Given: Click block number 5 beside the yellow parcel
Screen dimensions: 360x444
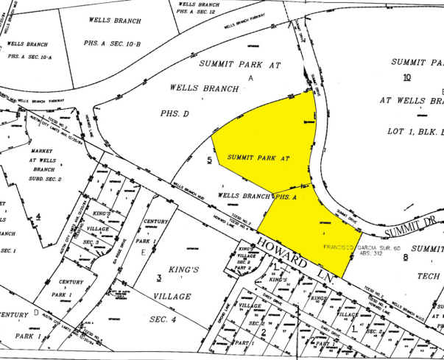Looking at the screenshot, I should coord(210,160).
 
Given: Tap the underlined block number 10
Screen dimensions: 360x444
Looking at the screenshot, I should coord(406,77).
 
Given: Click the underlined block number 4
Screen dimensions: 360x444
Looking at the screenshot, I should coord(38,216).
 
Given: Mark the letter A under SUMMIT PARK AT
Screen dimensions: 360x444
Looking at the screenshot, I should coord(250,77).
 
